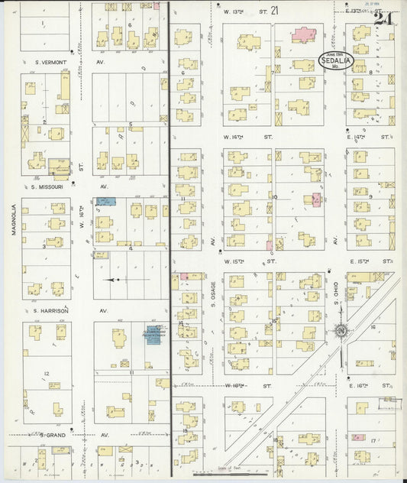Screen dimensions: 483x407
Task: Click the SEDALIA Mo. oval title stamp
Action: (x=335, y=61)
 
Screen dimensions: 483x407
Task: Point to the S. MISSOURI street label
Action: (x=46, y=186)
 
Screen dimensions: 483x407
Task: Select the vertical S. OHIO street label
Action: (x=335, y=293)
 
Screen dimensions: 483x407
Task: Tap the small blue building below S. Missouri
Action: (x=106, y=201)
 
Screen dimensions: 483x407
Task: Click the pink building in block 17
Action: (x=357, y=438)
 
